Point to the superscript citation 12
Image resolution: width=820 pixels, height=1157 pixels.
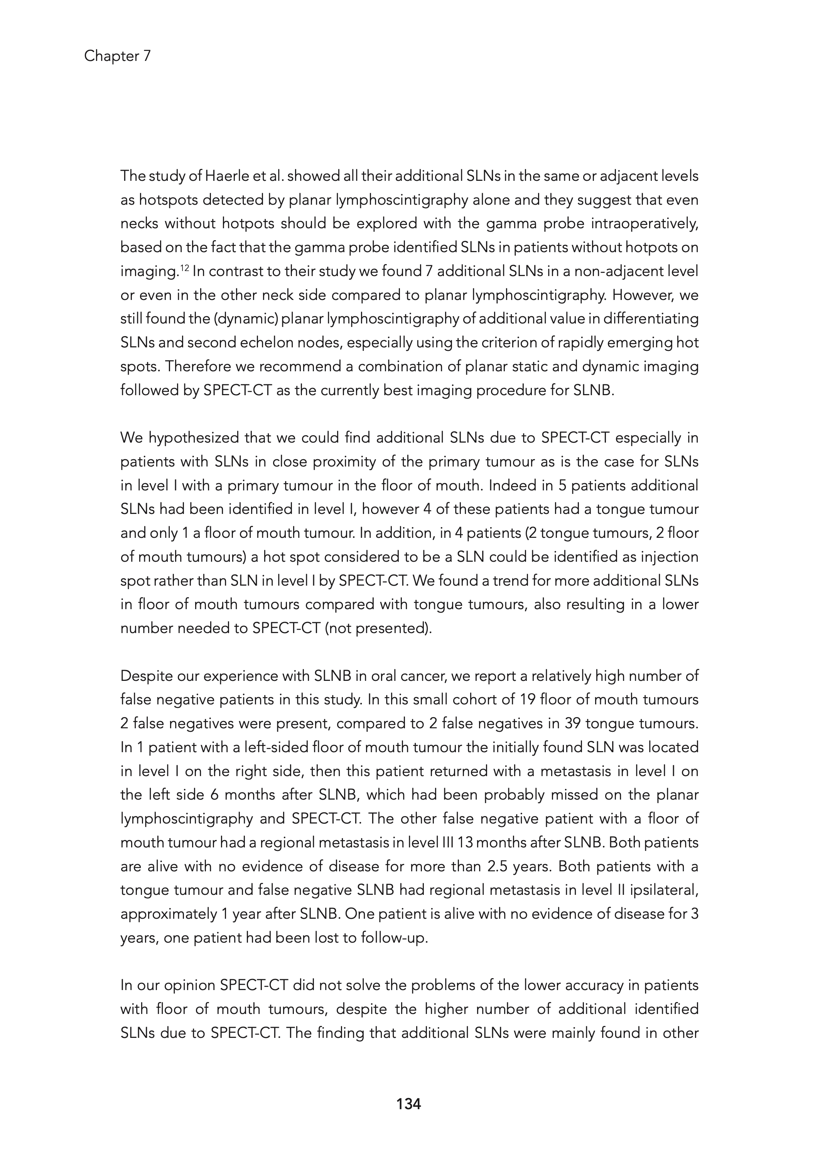[185, 269]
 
